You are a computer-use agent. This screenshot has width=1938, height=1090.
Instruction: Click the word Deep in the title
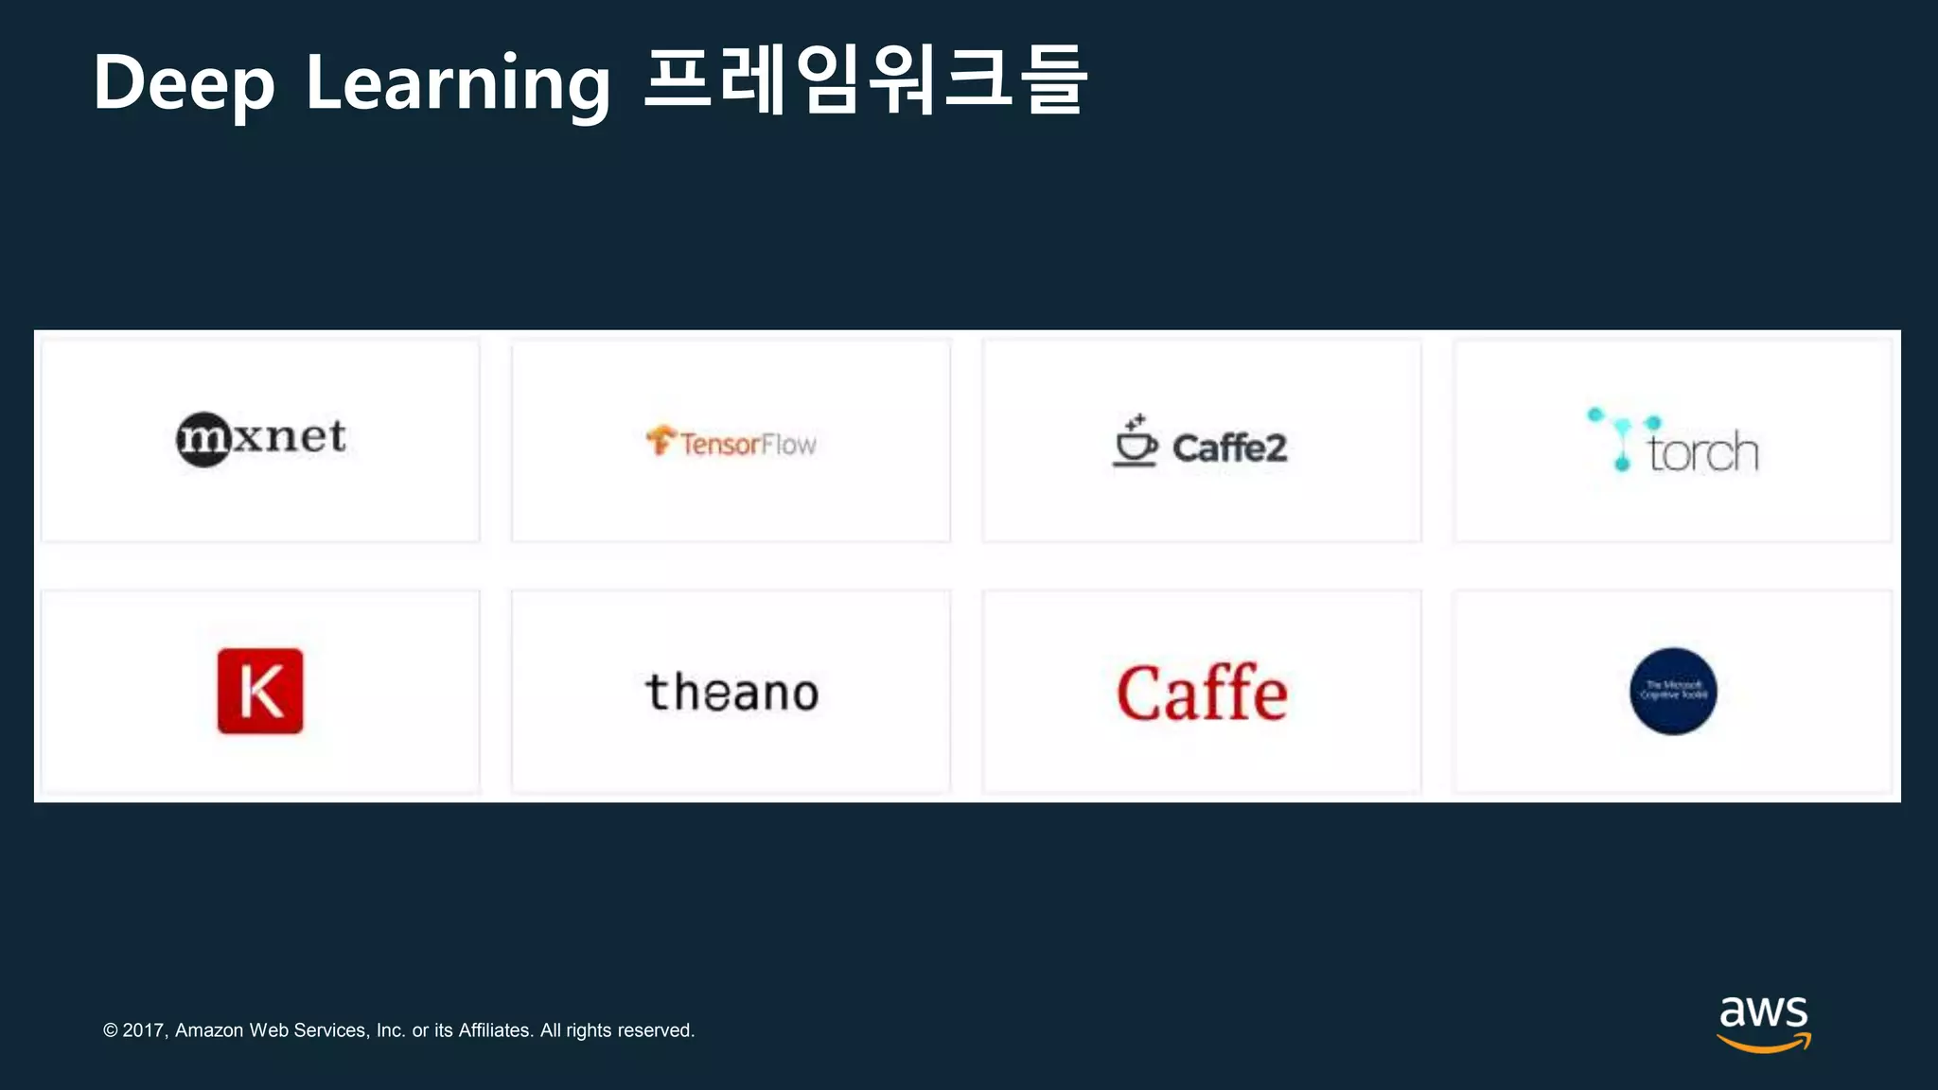185,83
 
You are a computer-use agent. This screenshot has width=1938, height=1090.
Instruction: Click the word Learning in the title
458,83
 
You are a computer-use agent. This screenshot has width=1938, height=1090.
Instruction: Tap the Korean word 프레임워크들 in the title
865,81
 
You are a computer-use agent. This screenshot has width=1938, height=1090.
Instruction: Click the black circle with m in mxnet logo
203,440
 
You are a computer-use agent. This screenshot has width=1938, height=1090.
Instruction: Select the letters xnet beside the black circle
290,436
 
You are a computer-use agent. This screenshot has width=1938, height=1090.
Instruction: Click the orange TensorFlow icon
661,440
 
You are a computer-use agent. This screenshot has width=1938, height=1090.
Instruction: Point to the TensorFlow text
748,444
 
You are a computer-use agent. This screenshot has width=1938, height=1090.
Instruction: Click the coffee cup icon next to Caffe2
1134,442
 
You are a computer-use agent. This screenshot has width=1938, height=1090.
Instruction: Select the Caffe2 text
1229,448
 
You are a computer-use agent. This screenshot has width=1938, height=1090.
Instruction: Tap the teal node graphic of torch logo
1622,437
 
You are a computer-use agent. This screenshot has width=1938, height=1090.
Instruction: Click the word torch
1702,451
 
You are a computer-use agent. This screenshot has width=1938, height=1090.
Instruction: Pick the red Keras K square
260,691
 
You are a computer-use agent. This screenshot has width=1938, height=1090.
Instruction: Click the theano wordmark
731,692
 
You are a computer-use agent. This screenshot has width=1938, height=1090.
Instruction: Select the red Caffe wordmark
1202,693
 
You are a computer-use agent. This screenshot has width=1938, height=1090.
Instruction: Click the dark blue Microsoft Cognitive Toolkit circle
1673,691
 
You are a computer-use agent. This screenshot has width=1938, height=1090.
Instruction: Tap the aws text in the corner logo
1763,1012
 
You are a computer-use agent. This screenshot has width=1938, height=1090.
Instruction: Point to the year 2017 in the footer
144,1030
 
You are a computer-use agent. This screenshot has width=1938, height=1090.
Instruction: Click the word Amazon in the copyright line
209,1030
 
